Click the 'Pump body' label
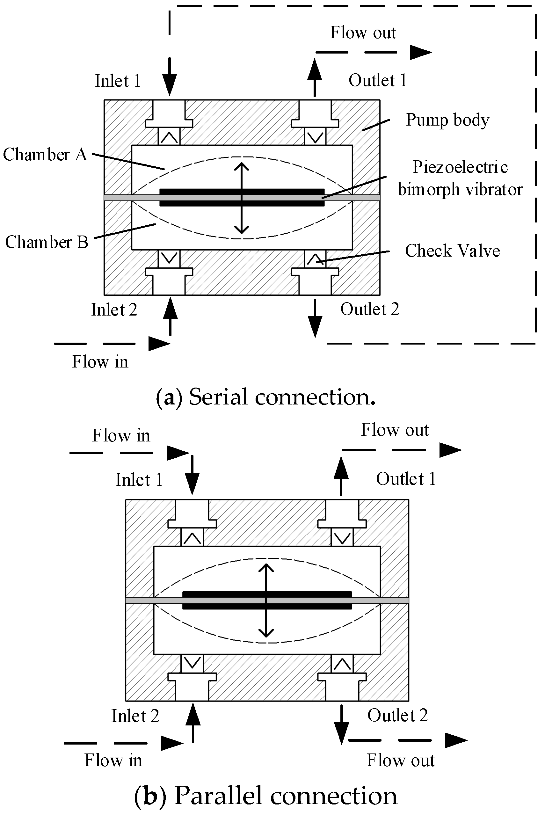pyautogui.click(x=447, y=120)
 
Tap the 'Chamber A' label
pyautogui.click(x=45, y=154)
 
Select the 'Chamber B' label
pyautogui.click(x=47, y=242)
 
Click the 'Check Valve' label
pyautogui.click(x=452, y=251)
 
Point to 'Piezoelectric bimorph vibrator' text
pyautogui.click(x=460, y=178)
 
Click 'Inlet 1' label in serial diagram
pyautogui.click(x=118, y=81)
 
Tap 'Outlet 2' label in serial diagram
pyautogui.click(x=369, y=309)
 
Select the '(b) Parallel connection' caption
pyautogui.click(x=266, y=796)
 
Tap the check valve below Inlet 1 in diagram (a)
pyautogui.click(x=169, y=137)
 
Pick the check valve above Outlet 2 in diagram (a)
pyautogui.click(x=315, y=259)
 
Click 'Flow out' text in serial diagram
pyautogui.click(x=363, y=33)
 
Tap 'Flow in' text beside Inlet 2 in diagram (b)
pyautogui.click(x=113, y=760)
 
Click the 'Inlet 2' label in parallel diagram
pyautogui.click(x=135, y=716)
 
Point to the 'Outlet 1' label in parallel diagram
pyautogui.click(x=406, y=479)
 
